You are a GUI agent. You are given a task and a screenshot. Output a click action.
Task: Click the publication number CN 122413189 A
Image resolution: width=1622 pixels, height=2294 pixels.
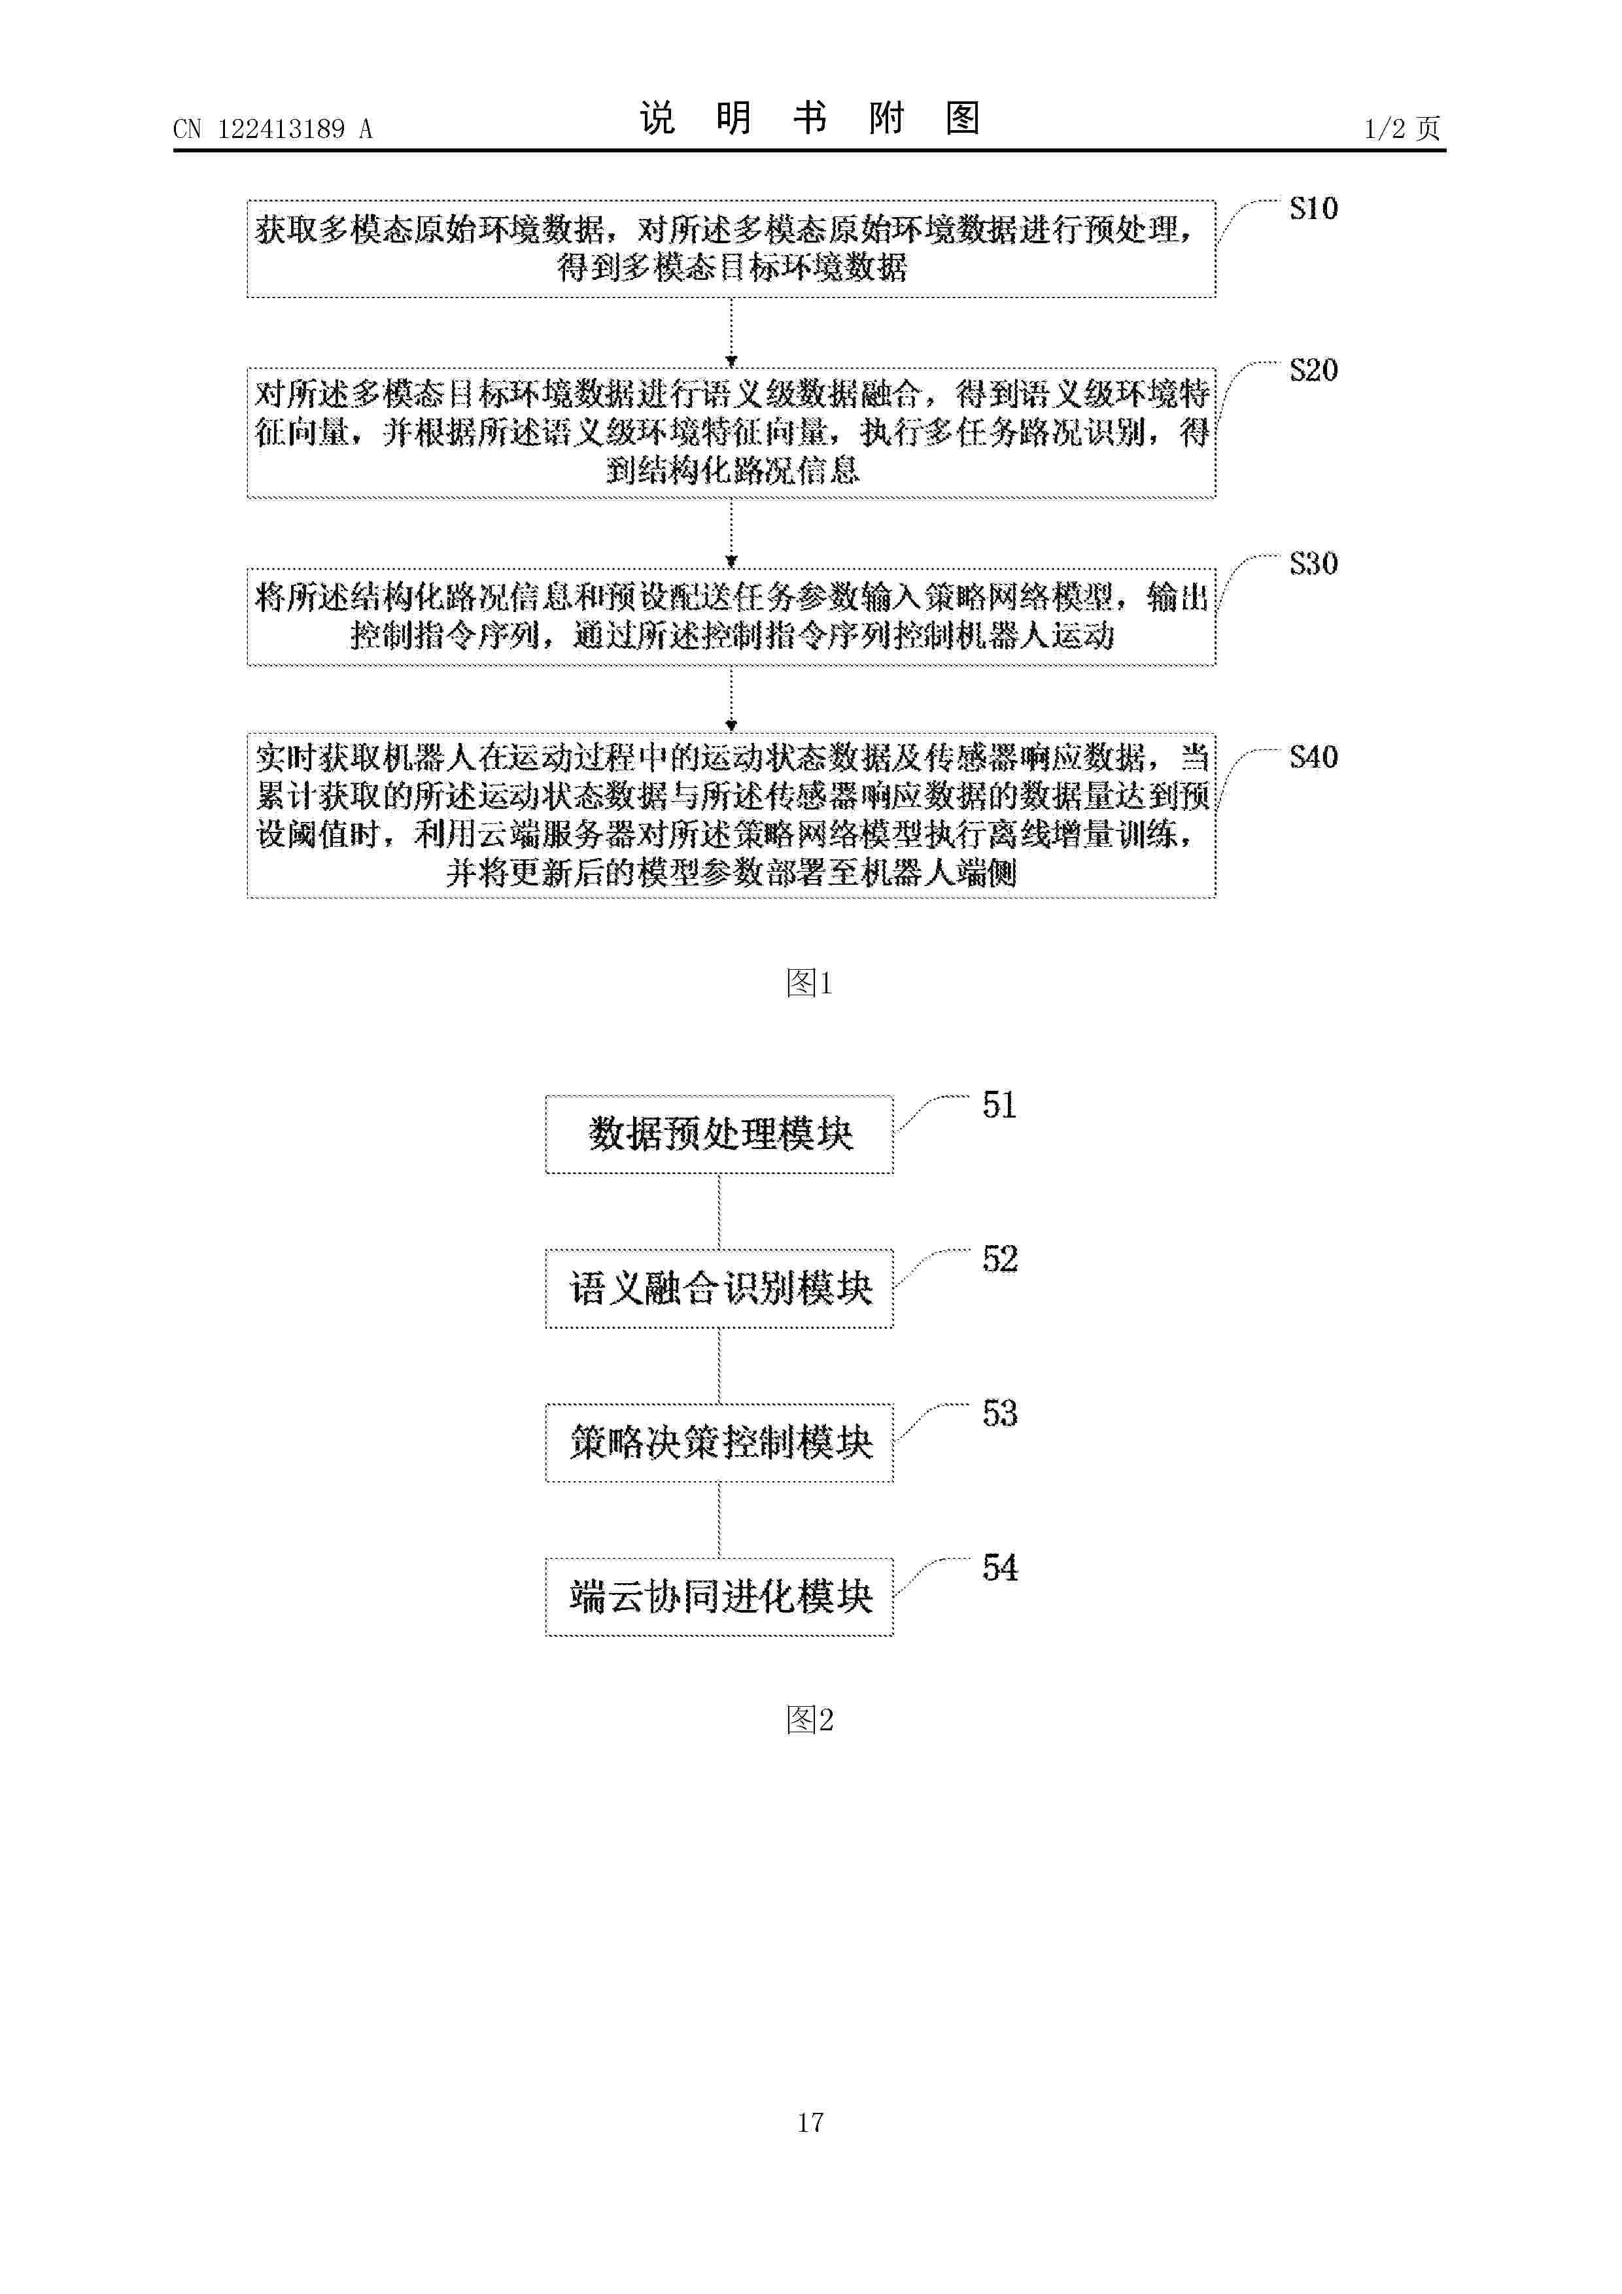272,129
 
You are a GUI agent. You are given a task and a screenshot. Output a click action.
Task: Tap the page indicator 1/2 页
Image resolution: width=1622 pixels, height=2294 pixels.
1402,128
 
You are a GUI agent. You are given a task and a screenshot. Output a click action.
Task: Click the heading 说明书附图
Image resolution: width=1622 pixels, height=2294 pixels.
810,119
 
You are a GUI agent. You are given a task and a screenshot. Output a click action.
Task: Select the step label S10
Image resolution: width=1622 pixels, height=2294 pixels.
1313,208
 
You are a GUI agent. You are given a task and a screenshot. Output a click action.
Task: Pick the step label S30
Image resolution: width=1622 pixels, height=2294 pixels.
1313,564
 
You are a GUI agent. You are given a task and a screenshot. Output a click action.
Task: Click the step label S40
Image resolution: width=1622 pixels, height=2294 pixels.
1313,757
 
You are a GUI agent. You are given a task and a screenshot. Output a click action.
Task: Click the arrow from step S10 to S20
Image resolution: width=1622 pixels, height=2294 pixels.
732,333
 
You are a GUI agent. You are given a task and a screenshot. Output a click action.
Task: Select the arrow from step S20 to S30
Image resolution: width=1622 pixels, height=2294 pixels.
732,534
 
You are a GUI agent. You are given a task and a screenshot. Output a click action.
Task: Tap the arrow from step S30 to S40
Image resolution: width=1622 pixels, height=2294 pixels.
732,700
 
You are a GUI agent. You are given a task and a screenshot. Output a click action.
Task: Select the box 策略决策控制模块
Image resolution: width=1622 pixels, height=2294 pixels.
719,1443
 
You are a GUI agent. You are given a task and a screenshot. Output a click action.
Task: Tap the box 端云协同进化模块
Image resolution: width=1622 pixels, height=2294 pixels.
719,1597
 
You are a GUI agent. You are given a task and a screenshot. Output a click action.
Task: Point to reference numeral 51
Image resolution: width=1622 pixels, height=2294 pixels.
999,1105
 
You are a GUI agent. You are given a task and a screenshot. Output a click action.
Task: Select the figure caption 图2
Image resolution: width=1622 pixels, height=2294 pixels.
810,1719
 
